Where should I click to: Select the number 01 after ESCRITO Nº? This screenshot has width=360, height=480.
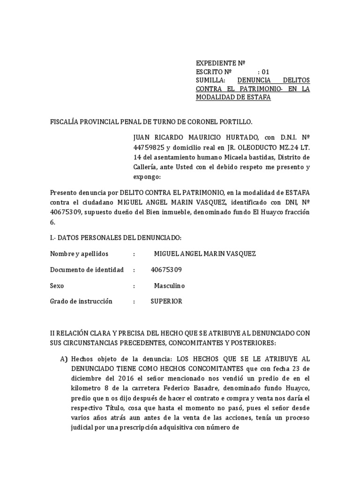coord(266,72)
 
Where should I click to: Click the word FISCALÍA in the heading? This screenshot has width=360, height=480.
coord(66,122)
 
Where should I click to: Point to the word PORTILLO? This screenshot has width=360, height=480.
coord(237,122)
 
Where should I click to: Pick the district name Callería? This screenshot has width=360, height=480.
coord(147,167)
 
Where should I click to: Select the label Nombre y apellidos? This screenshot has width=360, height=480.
coord(79,254)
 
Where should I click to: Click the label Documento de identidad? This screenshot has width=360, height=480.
coord(87,270)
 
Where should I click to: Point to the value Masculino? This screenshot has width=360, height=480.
coord(169,285)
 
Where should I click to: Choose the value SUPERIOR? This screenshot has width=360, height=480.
coord(166,301)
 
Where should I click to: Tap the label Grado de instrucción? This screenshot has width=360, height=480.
coord(81,301)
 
